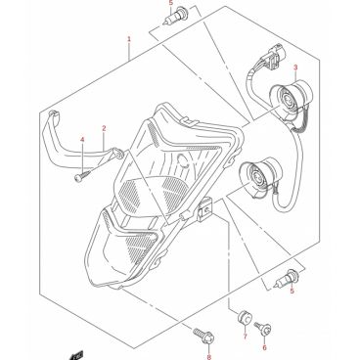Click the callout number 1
coord(129,39)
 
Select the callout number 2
coord(104,128)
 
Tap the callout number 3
coord(295,67)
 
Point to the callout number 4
coord(82,140)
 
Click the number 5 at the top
coord(170,3)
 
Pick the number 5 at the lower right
coord(292,291)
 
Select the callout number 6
coord(264,347)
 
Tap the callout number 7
coord(245,337)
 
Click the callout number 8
coord(208,357)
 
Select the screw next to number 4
coord(82,176)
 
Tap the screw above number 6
coord(264,328)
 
